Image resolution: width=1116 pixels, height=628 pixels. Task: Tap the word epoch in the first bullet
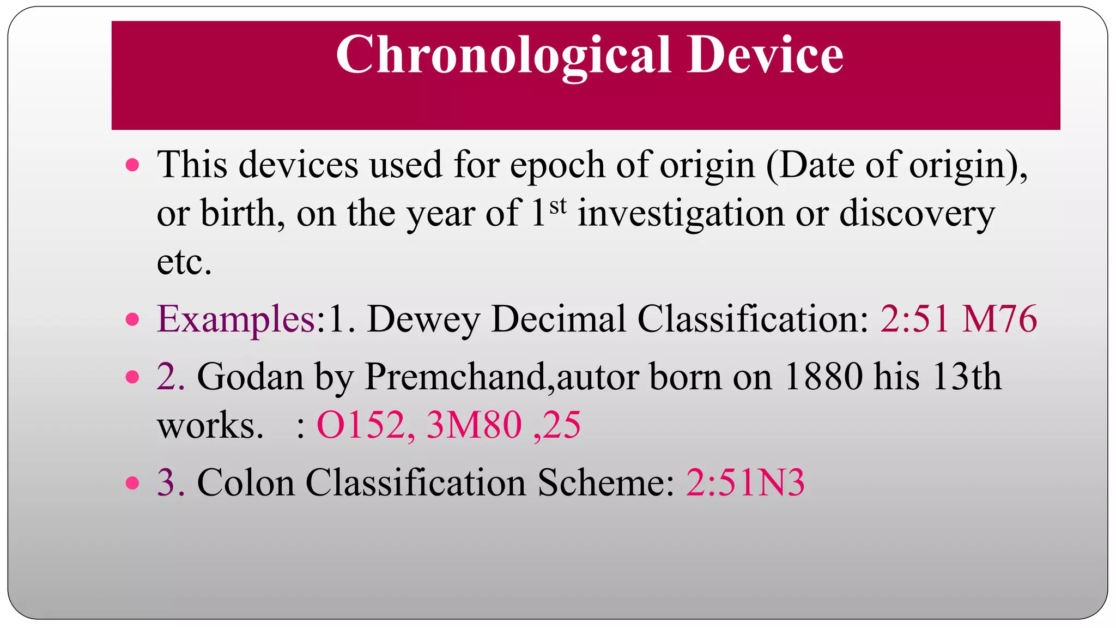coord(557,165)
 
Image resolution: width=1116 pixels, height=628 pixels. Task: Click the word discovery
coord(917,214)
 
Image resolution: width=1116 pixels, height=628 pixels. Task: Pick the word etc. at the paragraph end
coord(184,262)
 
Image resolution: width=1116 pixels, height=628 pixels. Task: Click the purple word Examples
coord(236,319)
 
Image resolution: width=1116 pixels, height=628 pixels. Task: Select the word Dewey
coord(423,319)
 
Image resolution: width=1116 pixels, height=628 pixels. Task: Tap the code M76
coord(999,319)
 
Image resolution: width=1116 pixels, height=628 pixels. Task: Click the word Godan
coord(250,377)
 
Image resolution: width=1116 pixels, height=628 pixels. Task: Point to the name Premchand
coord(455,377)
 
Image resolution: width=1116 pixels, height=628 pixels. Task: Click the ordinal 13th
coord(967,377)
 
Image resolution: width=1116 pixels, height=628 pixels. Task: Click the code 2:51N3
coord(745,482)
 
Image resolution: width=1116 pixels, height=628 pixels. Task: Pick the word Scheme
coord(606,482)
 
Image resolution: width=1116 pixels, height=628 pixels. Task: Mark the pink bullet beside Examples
coord(132,319)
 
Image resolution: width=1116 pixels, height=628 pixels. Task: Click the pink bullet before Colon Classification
coord(132,483)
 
